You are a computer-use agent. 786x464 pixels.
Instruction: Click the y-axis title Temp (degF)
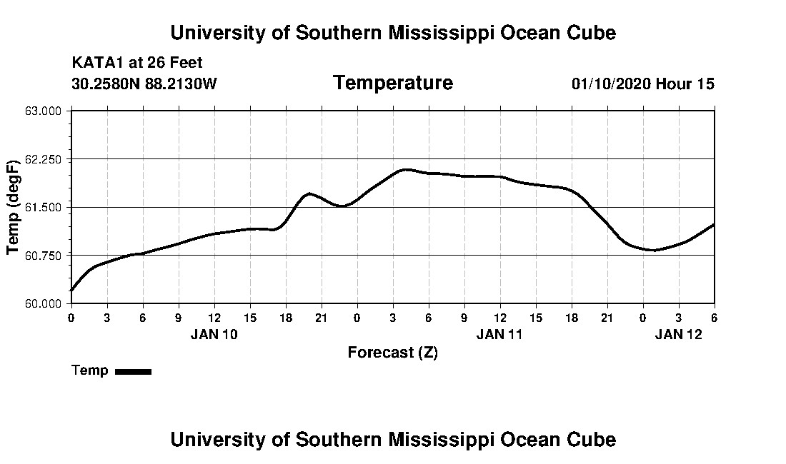click(12, 207)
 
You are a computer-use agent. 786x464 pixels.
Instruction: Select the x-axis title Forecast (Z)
click(392, 353)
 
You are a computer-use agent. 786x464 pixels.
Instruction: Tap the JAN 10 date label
click(214, 334)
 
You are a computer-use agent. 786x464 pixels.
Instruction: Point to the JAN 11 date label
click(500, 334)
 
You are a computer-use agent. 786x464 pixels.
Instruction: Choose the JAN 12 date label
click(679, 334)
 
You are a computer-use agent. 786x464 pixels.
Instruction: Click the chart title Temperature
click(392, 83)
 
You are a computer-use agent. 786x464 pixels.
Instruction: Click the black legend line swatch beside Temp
click(133, 371)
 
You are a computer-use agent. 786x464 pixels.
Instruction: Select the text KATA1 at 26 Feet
click(137, 63)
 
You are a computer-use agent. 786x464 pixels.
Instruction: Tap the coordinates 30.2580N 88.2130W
click(144, 84)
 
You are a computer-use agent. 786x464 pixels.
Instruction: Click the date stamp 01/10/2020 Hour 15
click(642, 84)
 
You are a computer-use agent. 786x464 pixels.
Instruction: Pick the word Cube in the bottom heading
click(592, 439)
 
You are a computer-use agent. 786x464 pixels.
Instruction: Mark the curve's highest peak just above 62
click(405, 169)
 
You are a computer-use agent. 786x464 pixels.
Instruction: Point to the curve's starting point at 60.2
click(71, 291)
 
